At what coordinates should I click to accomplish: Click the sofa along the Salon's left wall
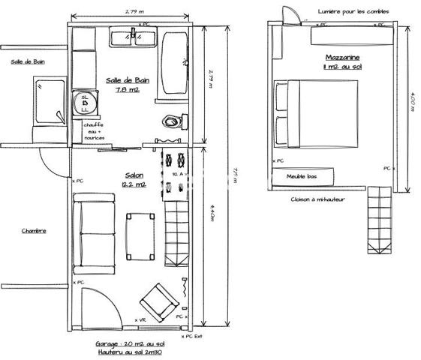coord(95,233)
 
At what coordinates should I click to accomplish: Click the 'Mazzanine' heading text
coord(343,58)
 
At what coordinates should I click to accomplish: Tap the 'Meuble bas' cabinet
coord(300,178)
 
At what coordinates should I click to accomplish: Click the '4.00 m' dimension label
coord(412,100)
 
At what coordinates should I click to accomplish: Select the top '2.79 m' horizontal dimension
coord(136,10)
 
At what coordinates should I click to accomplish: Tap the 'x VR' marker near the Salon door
coord(140,319)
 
